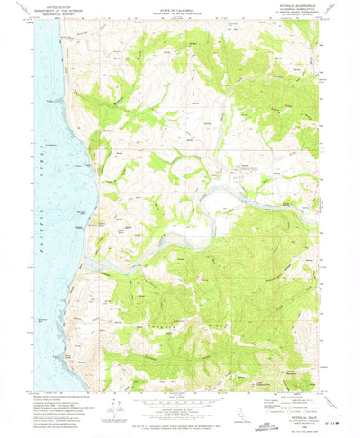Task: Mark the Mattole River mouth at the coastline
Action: coord(93,271)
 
